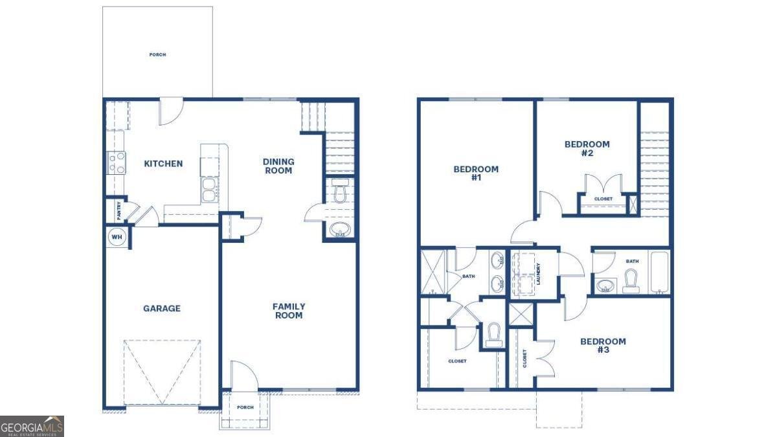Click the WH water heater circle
coord(117,237)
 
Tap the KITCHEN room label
coord(163,164)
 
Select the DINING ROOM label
coord(278,166)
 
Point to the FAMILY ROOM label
coord(288,311)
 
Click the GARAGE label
coord(162,309)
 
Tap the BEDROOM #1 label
coord(476,173)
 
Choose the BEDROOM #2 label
coord(587,148)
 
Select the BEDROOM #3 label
coord(603,345)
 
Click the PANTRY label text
coord(118,210)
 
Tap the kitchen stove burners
coord(116,162)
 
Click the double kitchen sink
coord(209,190)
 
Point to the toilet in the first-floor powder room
coord(340,191)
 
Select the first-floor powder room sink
coord(340,229)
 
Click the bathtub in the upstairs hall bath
coord(659,272)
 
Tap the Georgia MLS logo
coord(32,426)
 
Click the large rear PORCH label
coord(157,55)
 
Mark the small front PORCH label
coord(245,408)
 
